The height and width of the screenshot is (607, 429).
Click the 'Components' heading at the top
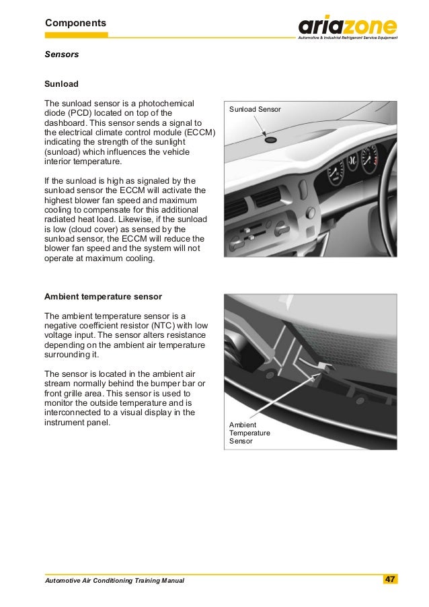[75, 23]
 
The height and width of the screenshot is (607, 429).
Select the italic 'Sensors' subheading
[62, 53]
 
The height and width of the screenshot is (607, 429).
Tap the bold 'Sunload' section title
[61, 84]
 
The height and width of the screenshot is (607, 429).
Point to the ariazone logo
[348, 26]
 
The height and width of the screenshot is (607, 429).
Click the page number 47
[390, 579]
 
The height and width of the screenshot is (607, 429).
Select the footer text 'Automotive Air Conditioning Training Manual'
[114, 581]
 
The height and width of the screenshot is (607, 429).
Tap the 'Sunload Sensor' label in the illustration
[255, 109]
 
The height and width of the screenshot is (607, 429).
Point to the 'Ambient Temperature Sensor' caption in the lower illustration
[249, 433]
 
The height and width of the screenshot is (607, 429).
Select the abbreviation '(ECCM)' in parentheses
[198, 133]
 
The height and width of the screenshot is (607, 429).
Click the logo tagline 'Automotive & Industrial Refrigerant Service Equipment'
[348, 38]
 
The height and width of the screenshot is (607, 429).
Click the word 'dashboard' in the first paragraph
[65, 124]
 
